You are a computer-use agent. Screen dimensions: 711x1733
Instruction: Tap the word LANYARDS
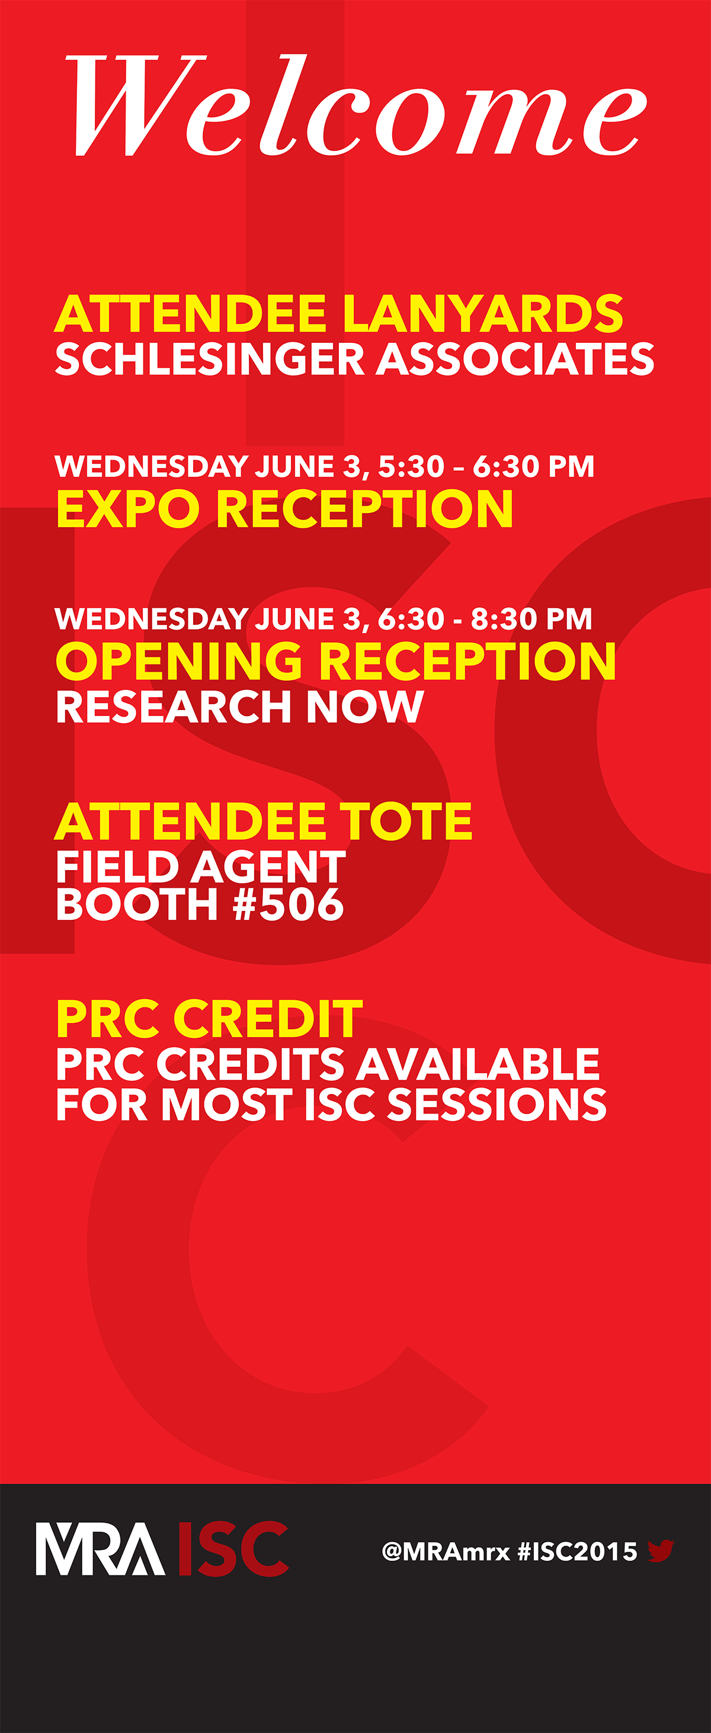pos(483,313)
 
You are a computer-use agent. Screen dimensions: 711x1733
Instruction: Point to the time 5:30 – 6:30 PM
pos(486,466)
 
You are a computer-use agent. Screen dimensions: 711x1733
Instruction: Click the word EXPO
pos(128,508)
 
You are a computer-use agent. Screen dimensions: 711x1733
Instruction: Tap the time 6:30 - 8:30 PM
pos(485,619)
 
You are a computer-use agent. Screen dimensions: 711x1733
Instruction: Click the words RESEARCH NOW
pos(240,707)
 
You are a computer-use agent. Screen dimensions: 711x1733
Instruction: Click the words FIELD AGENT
pos(201,866)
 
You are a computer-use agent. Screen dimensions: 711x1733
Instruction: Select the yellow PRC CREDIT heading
pos(209,1019)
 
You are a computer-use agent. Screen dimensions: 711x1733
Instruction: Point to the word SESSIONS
pos(497,1104)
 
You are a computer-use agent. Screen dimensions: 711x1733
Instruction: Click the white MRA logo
pos(100,1549)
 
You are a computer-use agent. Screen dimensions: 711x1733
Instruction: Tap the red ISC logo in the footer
pos(233,1549)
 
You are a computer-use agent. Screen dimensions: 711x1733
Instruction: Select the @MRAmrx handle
pos(445,1551)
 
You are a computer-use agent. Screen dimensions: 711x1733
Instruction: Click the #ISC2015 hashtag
pos(577,1551)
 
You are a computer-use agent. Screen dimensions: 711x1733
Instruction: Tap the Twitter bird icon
pos(661,1550)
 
